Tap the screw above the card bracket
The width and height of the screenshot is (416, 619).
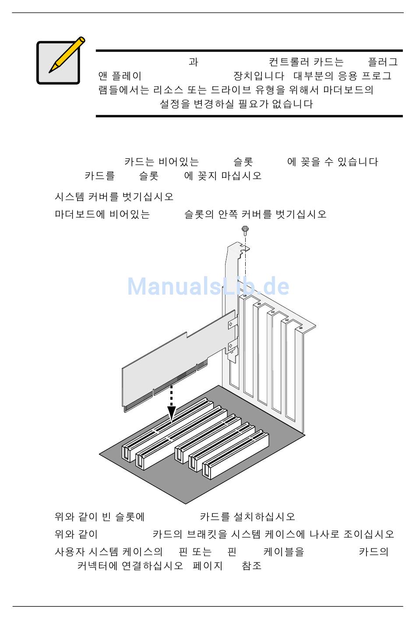pyautogui.click(x=245, y=229)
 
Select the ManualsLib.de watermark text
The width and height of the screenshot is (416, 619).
pyautogui.click(x=208, y=286)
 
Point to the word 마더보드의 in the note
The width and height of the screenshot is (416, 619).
pyautogui.click(x=348, y=90)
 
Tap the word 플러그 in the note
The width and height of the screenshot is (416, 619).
pyautogui.click(x=383, y=62)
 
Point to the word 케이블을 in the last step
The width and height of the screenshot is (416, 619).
pyautogui.click(x=284, y=552)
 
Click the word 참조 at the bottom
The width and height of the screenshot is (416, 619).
pyautogui.click(x=252, y=566)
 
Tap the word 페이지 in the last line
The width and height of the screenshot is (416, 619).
pyautogui.click(x=208, y=566)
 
